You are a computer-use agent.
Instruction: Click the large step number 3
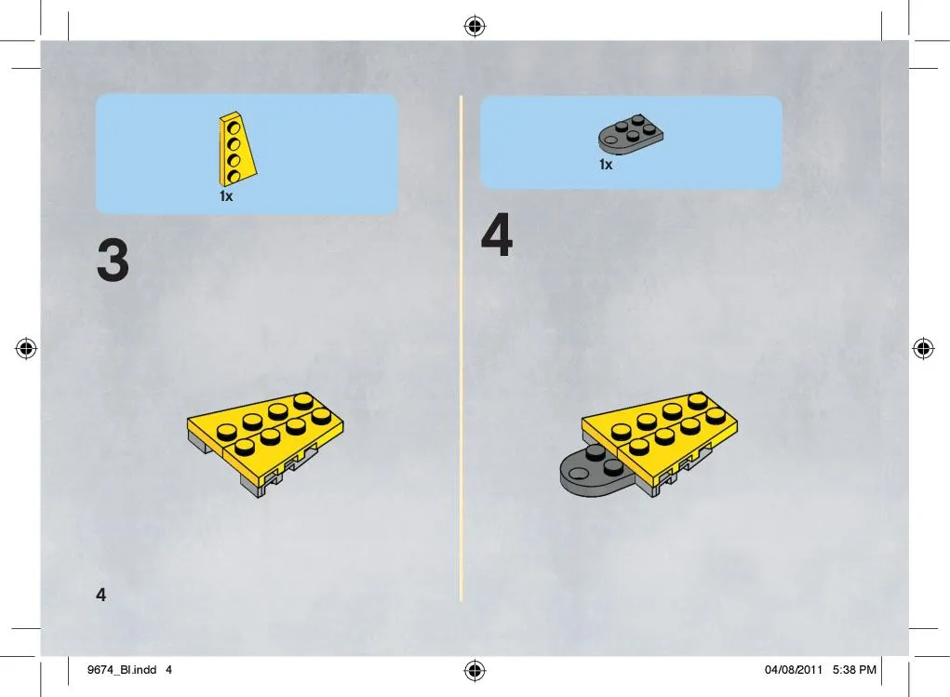coord(113,260)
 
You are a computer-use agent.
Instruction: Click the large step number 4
coord(497,235)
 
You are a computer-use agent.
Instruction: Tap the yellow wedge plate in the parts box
coord(236,149)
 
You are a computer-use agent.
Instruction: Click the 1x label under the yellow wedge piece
coord(226,196)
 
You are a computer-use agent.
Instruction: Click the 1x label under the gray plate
coord(606,165)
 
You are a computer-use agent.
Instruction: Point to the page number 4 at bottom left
coord(101,595)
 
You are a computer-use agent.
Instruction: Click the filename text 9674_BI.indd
coord(122,670)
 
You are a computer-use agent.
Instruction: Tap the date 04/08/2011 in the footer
coord(793,670)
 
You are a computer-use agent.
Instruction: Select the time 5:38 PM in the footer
coord(854,670)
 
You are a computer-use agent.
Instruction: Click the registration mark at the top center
coord(475,26)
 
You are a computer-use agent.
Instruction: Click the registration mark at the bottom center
coord(475,670)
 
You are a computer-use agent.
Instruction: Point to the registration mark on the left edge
coord(26,348)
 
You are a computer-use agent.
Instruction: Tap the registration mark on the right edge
coord(923,348)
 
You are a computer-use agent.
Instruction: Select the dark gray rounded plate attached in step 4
coord(591,473)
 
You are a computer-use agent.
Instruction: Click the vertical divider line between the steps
coord(462,348)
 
